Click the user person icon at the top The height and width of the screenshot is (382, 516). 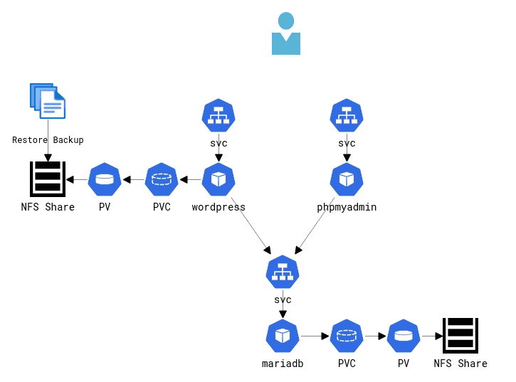(x=286, y=34)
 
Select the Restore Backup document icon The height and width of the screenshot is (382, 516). (x=48, y=101)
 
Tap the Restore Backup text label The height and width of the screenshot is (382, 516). (x=48, y=140)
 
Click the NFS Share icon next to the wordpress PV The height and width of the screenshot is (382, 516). (x=48, y=179)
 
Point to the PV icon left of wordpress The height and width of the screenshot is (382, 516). (x=105, y=179)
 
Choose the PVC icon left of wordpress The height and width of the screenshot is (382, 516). (x=162, y=179)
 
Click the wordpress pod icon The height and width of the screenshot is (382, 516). (x=218, y=179)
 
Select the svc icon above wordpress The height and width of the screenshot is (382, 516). (x=218, y=115)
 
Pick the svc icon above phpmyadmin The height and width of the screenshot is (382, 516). (x=347, y=115)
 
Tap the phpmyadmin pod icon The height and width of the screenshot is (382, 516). (x=347, y=179)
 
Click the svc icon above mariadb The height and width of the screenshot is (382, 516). (x=283, y=272)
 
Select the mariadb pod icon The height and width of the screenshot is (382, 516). (x=283, y=336)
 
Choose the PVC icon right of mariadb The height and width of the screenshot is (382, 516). (x=347, y=336)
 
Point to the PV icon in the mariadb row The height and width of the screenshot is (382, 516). (x=404, y=336)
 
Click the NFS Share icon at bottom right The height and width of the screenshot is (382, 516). (x=460, y=336)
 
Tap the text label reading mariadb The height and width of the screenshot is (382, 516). (x=283, y=364)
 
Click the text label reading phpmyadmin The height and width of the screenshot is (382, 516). (x=347, y=207)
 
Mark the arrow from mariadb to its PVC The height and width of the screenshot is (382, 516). (x=315, y=336)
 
